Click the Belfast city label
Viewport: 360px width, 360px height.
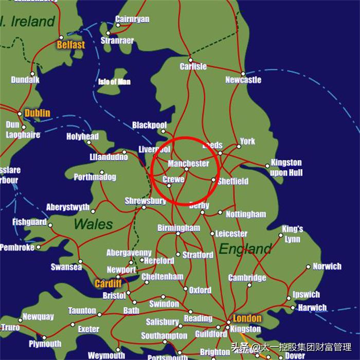click(70, 45)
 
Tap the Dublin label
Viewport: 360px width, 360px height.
click(38, 113)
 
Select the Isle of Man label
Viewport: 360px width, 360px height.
click(114, 81)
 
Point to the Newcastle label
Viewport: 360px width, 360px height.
click(243, 80)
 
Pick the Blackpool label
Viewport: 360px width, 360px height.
click(149, 125)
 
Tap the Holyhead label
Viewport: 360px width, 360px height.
click(82, 136)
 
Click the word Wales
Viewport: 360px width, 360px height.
click(93, 224)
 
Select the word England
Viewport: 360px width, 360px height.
click(245, 249)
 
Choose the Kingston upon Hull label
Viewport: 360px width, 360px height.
click(286, 168)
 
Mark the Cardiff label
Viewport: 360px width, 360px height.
click(108, 283)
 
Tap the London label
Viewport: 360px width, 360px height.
click(247, 318)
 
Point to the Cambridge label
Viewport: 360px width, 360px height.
click(247, 278)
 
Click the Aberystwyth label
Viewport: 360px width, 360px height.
click(67, 207)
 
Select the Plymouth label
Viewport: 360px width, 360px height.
click(45, 344)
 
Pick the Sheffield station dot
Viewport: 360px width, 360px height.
click(213, 179)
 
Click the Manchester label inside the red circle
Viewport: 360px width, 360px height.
click(188, 164)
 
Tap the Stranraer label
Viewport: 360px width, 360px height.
click(117, 40)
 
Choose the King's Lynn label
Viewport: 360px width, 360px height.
click(292, 234)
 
